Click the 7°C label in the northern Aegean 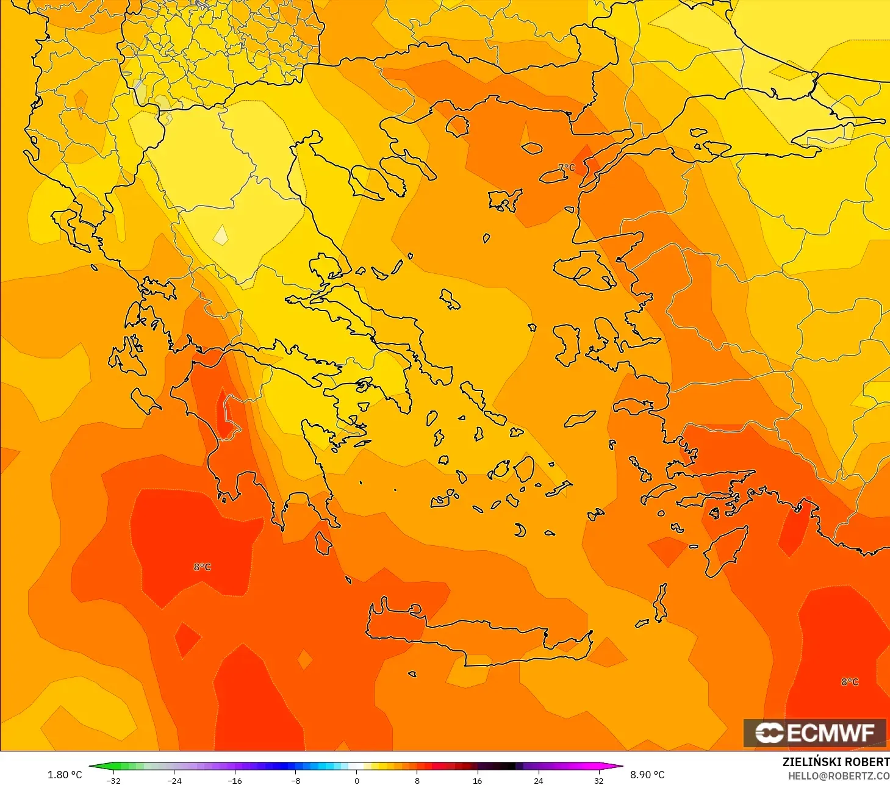coord(566,167)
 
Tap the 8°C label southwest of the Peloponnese coord(203,567)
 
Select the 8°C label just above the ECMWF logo coord(850,681)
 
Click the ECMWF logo coord(814,733)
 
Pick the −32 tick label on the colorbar coord(113,780)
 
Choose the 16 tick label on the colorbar coord(477,780)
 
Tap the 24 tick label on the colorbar coord(538,780)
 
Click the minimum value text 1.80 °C coord(65,775)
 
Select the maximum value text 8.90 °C coord(647,775)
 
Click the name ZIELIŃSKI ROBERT coord(836,762)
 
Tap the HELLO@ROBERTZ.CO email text coord(838,776)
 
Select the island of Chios coord(567,345)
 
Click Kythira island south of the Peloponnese coord(323,543)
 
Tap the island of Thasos coord(457,126)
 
